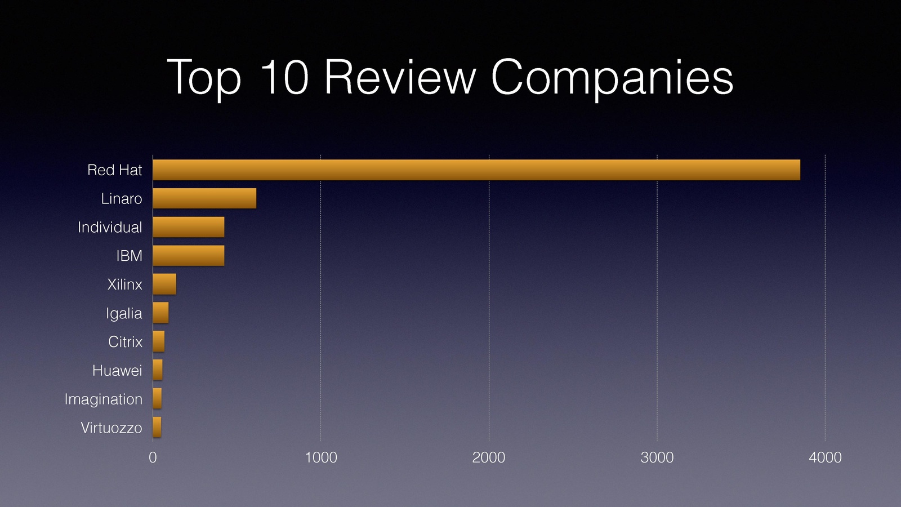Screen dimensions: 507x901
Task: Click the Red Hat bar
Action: coord(476,170)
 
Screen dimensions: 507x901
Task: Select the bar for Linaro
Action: coord(204,198)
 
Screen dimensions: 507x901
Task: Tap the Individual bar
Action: coord(188,227)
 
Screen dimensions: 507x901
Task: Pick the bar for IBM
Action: coord(188,256)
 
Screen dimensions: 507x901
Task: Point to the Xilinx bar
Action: coord(164,284)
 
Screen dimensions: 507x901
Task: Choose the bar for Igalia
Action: coord(160,313)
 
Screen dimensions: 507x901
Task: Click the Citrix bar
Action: coord(159,341)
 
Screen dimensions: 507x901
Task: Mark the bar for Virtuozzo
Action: coord(157,427)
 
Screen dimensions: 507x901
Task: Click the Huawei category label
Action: coord(117,371)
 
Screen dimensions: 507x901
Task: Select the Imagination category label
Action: coord(103,399)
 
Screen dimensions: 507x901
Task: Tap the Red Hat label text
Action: coord(114,170)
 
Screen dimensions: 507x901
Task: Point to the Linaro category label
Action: coord(122,199)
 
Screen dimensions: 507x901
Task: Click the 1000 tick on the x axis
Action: coord(320,457)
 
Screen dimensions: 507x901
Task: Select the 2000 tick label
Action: coord(488,457)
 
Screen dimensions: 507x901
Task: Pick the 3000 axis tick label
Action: coord(657,457)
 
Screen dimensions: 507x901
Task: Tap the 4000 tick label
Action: coord(825,457)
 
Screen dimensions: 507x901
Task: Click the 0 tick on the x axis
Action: coord(153,457)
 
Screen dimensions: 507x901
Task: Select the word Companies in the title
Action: coord(612,79)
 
